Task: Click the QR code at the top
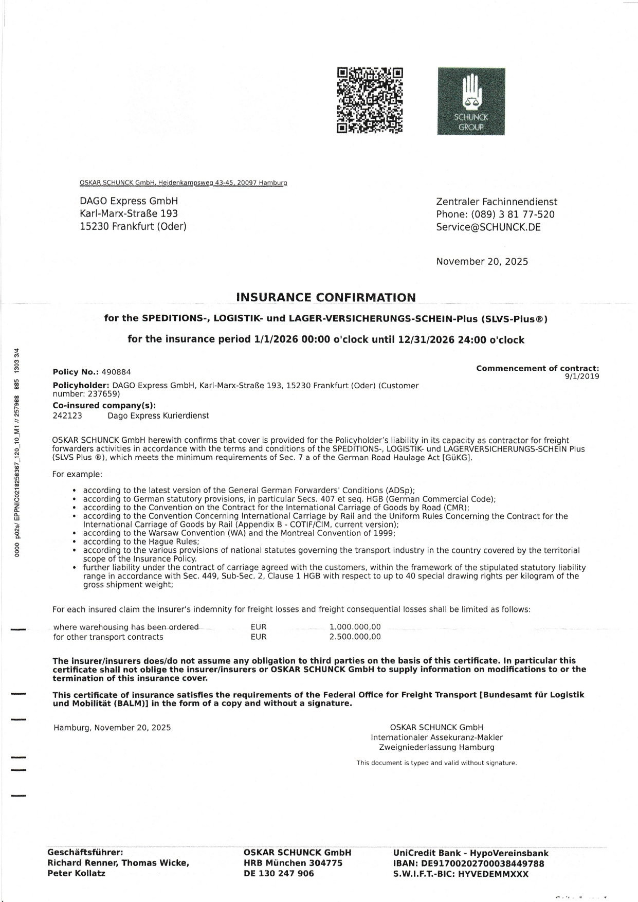[370, 100]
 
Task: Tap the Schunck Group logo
[471, 101]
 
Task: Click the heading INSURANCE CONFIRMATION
[325, 298]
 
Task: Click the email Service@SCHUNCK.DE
[488, 227]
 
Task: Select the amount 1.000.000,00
[355, 627]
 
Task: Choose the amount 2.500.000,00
[355, 637]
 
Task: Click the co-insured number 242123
[67, 416]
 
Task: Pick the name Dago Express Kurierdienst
[158, 416]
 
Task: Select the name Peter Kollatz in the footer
[76, 874]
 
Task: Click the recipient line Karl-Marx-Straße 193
[129, 213]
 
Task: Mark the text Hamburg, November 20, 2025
[112, 728]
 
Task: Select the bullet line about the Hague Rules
[141, 542]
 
